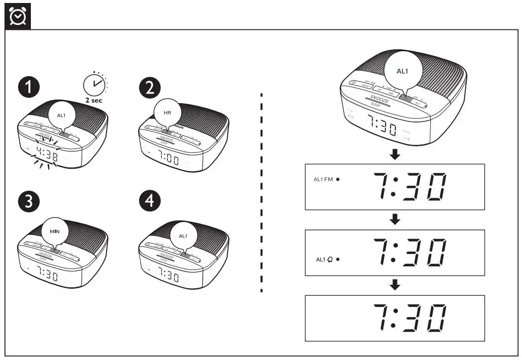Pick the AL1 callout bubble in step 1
click(61, 115)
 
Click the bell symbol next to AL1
click(330, 259)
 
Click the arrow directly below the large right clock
click(394, 155)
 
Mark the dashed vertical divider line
click(261, 192)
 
